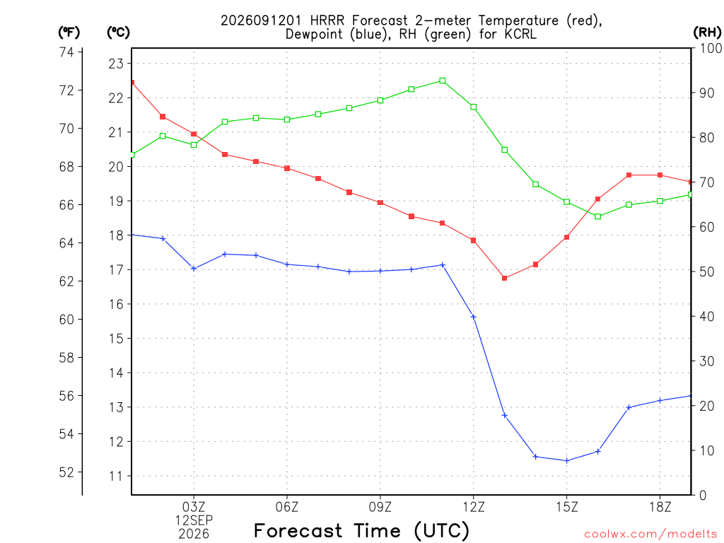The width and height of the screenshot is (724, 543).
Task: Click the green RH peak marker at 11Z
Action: pyautogui.click(x=443, y=81)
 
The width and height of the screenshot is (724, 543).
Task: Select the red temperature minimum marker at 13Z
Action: pyautogui.click(x=505, y=278)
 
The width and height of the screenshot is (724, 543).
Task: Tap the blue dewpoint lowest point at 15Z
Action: pyautogui.click(x=567, y=460)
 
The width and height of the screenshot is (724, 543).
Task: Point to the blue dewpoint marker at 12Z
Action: pyautogui.click(x=473, y=317)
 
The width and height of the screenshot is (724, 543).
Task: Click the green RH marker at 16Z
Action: pyautogui.click(x=598, y=216)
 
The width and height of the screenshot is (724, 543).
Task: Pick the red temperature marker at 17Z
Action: pyautogui.click(x=629, y=175)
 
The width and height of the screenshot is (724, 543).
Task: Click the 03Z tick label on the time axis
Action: pyautogui.click(x=194, y=507)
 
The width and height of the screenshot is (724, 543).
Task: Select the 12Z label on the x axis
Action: pyautogui.click(x=473, y=507)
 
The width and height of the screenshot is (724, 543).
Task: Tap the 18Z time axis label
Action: pyautogui.click(x=660, y=507)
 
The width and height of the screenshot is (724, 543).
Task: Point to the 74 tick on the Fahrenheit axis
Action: pyautogui.click(x=66, y=52)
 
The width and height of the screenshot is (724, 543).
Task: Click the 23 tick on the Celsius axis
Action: pyautogui.click(x=117, y=63)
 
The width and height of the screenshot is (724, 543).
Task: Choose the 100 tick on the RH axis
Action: pyautogui.click(x=711, y=48)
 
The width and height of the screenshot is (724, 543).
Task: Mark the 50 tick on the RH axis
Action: pyautogui.click(x=706, y=271)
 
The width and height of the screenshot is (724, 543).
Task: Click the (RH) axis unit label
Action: pyautogui.click(x=707, y=33)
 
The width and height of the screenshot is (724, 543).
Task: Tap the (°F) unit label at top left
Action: pyautogui.click(x=69, y=33)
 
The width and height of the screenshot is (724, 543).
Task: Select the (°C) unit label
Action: pyautogui.click(x=118, y=33)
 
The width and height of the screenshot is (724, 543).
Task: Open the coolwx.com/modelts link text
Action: pyautogui.click(x=650, y=535)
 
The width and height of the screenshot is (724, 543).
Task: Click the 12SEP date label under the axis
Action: pyautogui.click(x=194, y=520)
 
